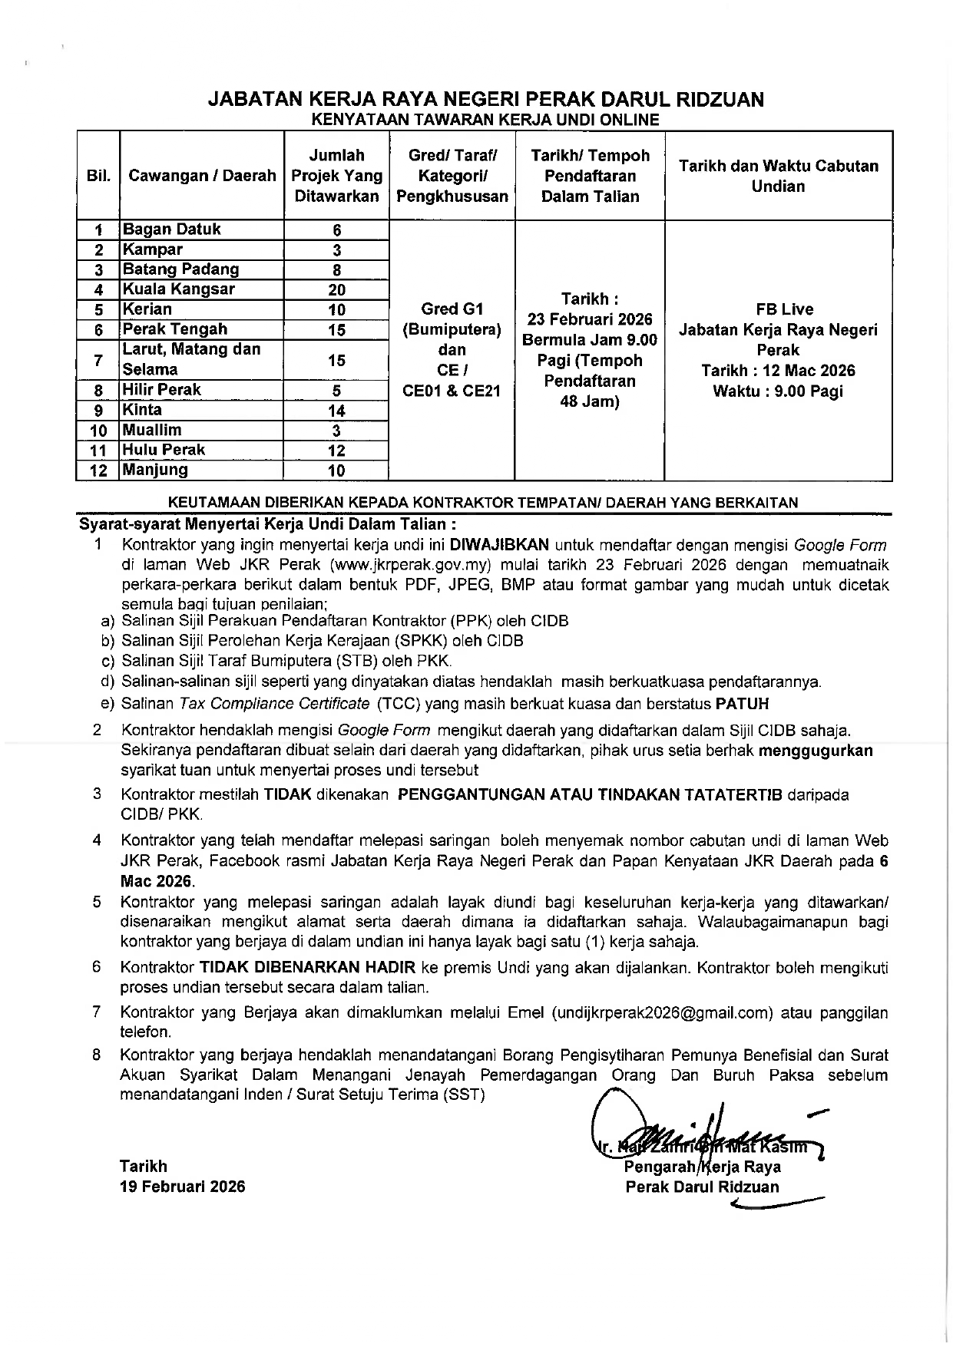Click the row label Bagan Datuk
[172, 229]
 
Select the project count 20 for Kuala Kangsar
[336, 290]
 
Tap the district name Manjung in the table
[155, 470]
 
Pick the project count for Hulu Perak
[336, 451]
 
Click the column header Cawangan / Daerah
[202, 176]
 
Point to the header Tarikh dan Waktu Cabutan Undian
[778, 176]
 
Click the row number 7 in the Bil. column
[98, 360]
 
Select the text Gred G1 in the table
[452, 309]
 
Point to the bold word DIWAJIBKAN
[499, 546]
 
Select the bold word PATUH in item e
[742, 704]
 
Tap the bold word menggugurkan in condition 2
[816, 751]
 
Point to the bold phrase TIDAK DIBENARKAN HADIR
[307, 968]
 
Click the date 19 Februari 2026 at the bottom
[183, 1187]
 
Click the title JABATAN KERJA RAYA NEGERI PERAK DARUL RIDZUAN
[486, 100]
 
